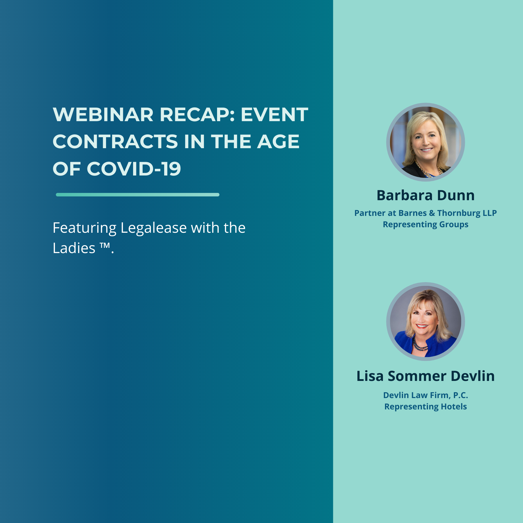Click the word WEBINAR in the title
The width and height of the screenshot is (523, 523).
click(103, 114)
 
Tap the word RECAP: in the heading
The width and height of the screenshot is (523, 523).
click(197, 114)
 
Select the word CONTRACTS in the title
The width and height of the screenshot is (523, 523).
click(115, 142)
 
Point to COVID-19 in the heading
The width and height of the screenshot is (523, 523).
click(134, 169)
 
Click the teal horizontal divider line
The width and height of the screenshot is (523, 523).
click(137, 195)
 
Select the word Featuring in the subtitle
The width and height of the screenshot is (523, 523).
click(85, 228)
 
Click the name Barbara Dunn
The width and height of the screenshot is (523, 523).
click(426, 195)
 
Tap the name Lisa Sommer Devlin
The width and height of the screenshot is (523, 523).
click(426, 376)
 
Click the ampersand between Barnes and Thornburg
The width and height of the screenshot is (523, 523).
click(432, 213)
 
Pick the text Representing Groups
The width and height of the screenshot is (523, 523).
click(426, 225)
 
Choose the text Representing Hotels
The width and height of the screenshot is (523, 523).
click(426, 406)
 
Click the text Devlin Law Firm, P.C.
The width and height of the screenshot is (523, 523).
click(426, 395)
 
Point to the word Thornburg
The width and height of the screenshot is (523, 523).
click(459, 213)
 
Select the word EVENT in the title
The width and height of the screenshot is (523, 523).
click(274, 114)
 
